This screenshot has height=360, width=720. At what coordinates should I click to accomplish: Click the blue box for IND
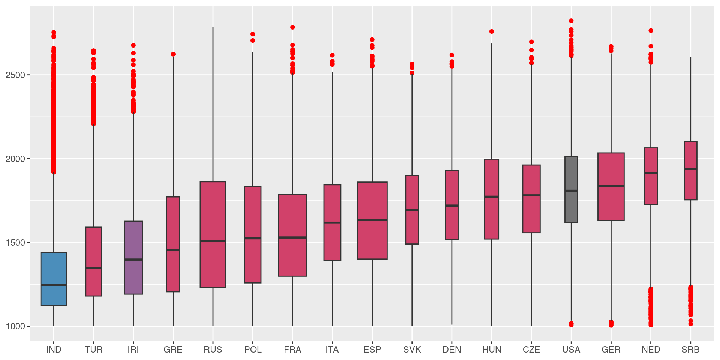pyautogui.click(x=54, y=270)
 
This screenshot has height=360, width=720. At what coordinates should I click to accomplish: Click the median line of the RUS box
pyautogui.click(x=213, y=240)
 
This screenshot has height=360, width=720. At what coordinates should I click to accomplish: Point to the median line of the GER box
pyautogui.click(x=611, y=186)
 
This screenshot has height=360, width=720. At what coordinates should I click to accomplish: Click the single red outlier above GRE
pyautogui.click(x=173, y=54)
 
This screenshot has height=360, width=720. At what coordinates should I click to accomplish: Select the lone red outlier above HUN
pyautogui.click(x=492, y=31)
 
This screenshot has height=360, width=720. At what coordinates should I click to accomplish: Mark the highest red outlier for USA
pyautogui.click(x=571, y=21)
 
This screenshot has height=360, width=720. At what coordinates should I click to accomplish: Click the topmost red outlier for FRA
pyautogui.click(x=292, y=27)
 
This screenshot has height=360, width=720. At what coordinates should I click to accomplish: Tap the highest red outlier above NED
pyautogui.click(x=651, y=31)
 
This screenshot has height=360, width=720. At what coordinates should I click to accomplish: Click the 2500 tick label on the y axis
pyautogui.click(x=15, y=75)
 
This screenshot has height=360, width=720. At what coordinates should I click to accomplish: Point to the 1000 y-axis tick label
pyautogui.click(x=15, y=326)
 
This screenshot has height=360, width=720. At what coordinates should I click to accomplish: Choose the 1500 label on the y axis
pyautogui.click(x=15, y=243)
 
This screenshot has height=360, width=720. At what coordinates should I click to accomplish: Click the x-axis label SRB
pyautogui.click(x=690, y=349)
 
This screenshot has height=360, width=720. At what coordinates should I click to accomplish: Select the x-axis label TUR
pyautogui.click(x=93, y=349)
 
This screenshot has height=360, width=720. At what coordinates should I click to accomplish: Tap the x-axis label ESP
pyautogui.click(x=372, y=349)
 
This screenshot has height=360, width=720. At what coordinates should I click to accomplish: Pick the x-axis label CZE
pyautogui.click(x=531, y=349)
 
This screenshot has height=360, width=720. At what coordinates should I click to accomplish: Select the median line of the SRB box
pyautogui.click(x=690, y=169)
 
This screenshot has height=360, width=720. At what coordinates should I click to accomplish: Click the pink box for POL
pyautogui.click(x=253, y=262)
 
